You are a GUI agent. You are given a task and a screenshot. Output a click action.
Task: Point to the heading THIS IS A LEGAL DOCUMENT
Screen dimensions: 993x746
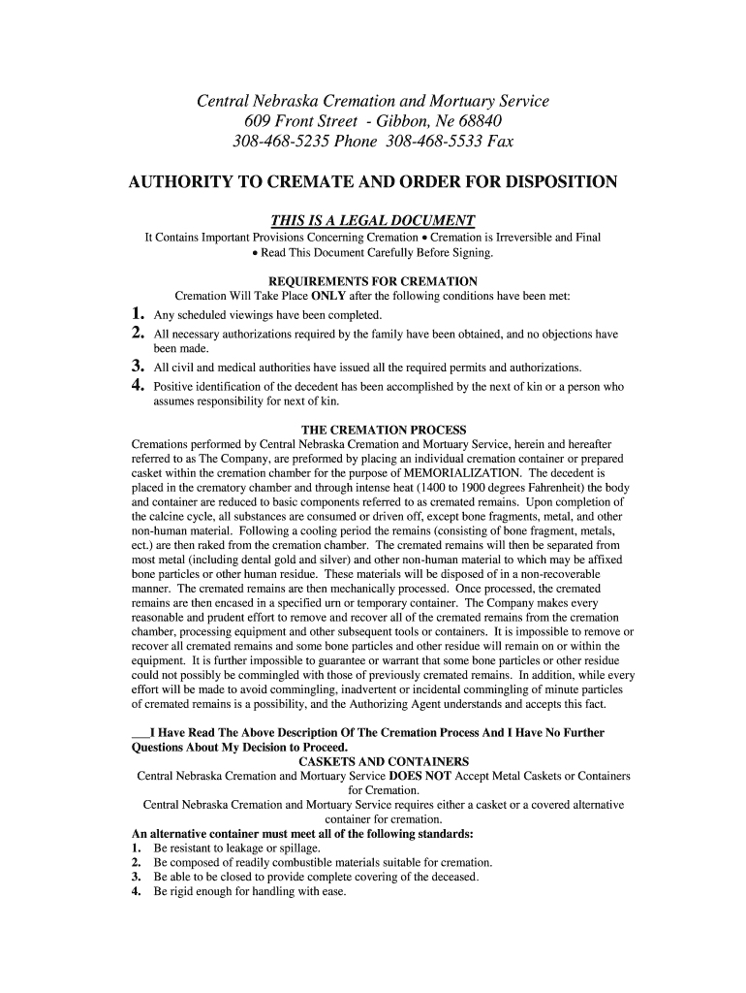(x=373, y=220)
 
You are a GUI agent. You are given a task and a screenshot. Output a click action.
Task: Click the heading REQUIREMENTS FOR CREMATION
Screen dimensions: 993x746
(x=373, y=282)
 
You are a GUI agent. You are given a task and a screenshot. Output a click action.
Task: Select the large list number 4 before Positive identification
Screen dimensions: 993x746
(x=138, y=385)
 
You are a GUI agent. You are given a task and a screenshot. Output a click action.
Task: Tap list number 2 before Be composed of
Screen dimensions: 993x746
(x=137, y=862)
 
